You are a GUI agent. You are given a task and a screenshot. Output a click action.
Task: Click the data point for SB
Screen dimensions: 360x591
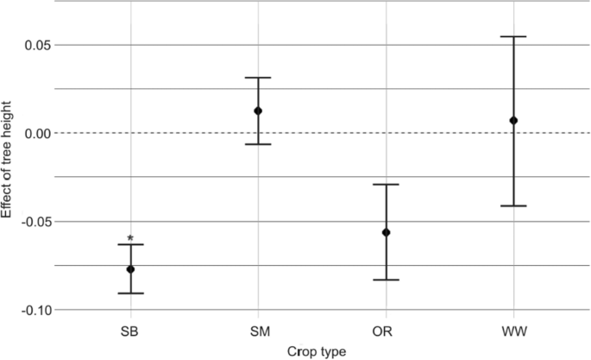[131, 269]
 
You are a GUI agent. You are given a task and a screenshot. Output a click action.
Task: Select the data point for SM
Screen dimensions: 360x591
[258, 111]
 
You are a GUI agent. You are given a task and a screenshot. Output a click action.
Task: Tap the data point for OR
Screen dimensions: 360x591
[386, 232]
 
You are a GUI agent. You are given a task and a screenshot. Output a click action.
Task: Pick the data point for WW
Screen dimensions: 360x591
[513, 120]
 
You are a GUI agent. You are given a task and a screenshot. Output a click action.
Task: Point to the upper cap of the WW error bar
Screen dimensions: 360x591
[513, 36]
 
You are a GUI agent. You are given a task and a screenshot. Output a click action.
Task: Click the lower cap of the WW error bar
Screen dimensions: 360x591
[513, 206]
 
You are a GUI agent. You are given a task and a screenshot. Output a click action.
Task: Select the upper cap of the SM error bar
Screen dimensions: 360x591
[258, 78]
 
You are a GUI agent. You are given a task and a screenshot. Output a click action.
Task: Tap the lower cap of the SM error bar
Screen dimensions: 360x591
[258, 144]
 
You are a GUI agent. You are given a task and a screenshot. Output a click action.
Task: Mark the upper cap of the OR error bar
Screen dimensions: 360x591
[386, 184]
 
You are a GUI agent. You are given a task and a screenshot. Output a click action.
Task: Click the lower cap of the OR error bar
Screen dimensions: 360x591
[386, 280]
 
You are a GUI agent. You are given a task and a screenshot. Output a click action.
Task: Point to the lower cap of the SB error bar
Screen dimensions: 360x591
[131, 294]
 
